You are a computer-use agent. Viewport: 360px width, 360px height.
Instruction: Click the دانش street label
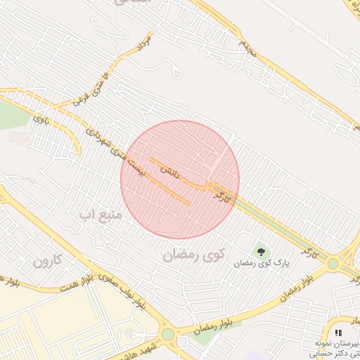[x=172, y=169]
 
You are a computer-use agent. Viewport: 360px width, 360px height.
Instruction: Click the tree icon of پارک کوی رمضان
[x=262, y=250]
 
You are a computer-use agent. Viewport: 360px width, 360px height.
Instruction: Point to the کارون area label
[x=49, y=262]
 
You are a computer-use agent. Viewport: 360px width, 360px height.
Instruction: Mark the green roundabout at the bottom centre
[x=167, y=333]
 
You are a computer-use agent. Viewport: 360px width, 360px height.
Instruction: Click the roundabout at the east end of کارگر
[x=333, y=263]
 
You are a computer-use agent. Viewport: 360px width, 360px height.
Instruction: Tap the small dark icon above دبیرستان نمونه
[x=338, y=333]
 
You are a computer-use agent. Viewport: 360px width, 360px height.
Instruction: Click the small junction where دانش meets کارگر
[x=210, y=186]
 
